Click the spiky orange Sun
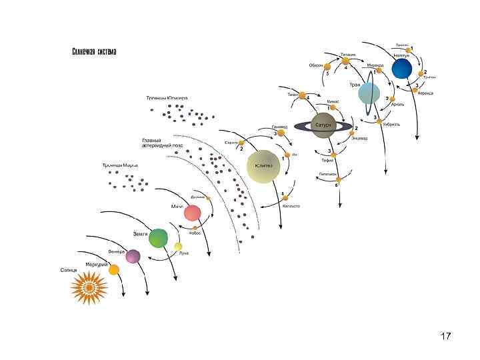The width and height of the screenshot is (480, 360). tap(89, 288)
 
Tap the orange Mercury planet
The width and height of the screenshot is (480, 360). tap(114, 269)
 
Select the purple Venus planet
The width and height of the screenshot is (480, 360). tap(133, 256)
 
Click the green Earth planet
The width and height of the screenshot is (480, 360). tap(159, 237)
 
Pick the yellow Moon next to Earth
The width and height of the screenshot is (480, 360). tap(178, 247)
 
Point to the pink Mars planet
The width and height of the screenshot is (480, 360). tap(193, 213)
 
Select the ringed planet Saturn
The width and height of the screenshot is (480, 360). tap(323, 125)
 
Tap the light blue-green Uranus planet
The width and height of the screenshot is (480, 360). tap(369, 93)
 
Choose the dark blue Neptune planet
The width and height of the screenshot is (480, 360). tap(402, 68)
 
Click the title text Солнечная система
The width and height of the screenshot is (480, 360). tap(94, 52)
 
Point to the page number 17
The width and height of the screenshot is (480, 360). tap(446, 335)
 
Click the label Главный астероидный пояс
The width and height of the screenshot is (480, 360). tap(162, 142)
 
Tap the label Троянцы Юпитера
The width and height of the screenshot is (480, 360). tap(167, 98)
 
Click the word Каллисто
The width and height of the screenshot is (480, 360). tap(291, 206)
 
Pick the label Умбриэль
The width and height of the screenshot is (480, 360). tap(391, 124)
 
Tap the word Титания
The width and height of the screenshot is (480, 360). tap(348, 54)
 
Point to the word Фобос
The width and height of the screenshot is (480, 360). tap(195, 234)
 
